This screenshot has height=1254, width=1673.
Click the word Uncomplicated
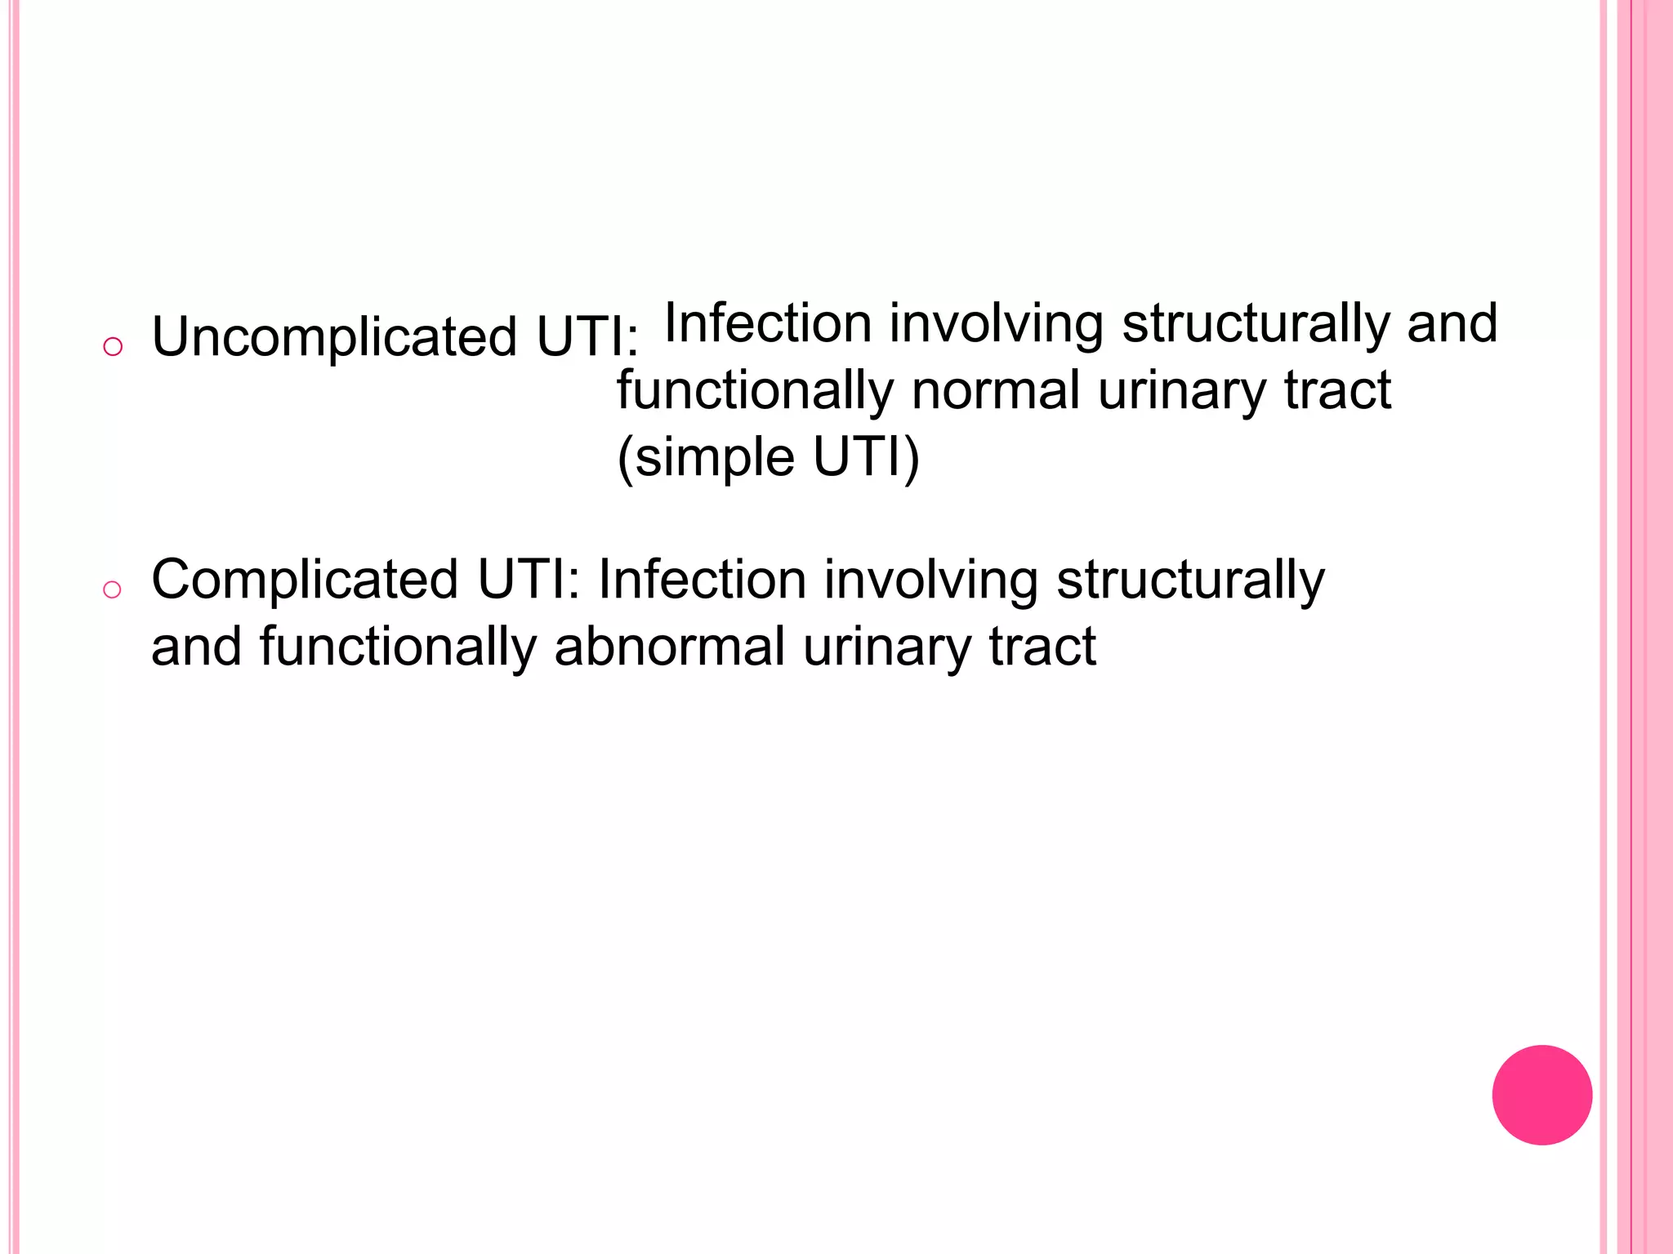click(x=334, y=337)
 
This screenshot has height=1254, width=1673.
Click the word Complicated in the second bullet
click(x=305, y=580)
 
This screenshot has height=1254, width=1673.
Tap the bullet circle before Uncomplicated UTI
click(x=113, y=346)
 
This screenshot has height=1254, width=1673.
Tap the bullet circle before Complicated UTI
click(x=112, y=589)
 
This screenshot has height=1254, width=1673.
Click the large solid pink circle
click(x=1541, y=1095)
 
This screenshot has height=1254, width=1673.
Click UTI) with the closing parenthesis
click(x=866, y=457)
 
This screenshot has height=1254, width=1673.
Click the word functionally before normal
click(x=756, y=391)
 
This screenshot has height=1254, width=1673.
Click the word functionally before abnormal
click(x=398, y=647)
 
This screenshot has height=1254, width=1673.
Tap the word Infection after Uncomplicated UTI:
click(x=769, y=323)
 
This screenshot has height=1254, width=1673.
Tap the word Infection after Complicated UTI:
click(x=703, y=580)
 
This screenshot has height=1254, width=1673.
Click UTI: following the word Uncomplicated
click(x=587, y=337)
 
